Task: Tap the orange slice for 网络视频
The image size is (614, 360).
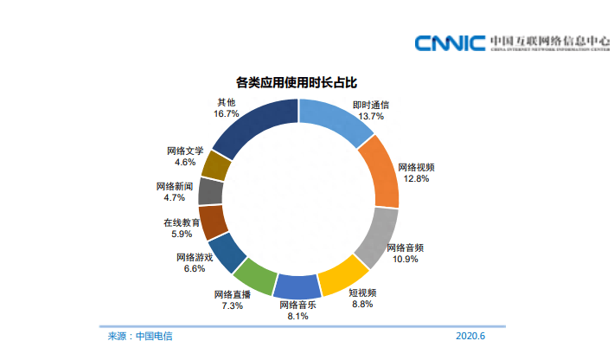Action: point(380,172)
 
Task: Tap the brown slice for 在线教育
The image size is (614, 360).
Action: point(212,222)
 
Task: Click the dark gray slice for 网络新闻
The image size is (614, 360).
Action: point(211,190)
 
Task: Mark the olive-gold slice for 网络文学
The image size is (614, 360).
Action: point(217,164)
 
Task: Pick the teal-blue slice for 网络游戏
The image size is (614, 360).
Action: point(226,252)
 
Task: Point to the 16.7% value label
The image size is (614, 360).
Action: point(227,113)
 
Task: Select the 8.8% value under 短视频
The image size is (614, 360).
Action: point(361,304)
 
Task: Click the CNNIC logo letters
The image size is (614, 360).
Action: point(449,43)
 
